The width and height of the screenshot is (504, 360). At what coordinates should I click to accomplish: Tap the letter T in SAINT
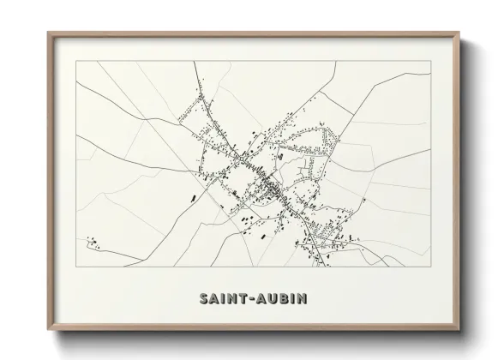point(240,299)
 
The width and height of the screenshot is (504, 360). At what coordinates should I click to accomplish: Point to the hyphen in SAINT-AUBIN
point(251,299)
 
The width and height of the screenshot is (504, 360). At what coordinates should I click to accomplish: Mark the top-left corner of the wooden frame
point(48,33)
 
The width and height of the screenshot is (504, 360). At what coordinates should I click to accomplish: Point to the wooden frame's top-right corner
point(459,33)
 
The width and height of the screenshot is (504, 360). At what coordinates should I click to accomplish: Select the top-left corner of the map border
point(76,61)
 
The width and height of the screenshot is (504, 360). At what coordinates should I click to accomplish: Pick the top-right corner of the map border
point(430,61)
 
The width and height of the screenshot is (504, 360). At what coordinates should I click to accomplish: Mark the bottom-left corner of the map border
point(76,267)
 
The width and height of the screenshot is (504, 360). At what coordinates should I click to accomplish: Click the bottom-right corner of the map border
point(430,267)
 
